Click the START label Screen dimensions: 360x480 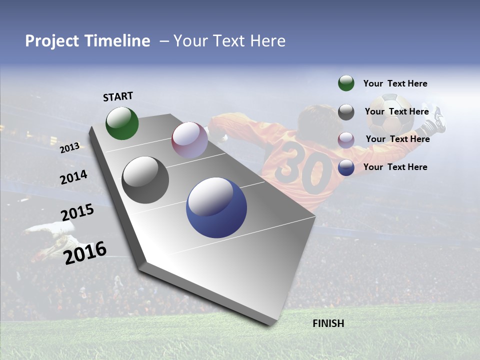click(x=118, y=96)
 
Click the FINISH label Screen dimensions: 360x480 click(x=328, y=323)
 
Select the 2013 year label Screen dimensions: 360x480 click(x=70, y=147)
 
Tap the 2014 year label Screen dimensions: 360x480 click(x=73, y=177)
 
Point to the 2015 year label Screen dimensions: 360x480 click(x=77, y=212)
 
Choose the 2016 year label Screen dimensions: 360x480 click(x=85, y=252)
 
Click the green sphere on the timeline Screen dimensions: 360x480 click(x=122, y=123)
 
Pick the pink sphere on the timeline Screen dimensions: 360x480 click(x=189, y=140)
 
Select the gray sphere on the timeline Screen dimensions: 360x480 click(x=145, y=180)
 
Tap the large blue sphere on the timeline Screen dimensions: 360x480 click(x=216, y=207)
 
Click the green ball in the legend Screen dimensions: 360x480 click(x=346, y=83)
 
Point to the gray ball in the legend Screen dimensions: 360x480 click(x=346, y=112)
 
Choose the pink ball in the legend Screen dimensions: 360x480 click(x=346, y=139)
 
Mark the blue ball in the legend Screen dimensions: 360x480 click(x=346, y=167)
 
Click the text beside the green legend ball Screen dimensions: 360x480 click(x=395, y=83)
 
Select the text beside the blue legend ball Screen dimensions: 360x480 click(x=395, y=167)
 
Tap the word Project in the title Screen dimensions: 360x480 click(x=52, y=41)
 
